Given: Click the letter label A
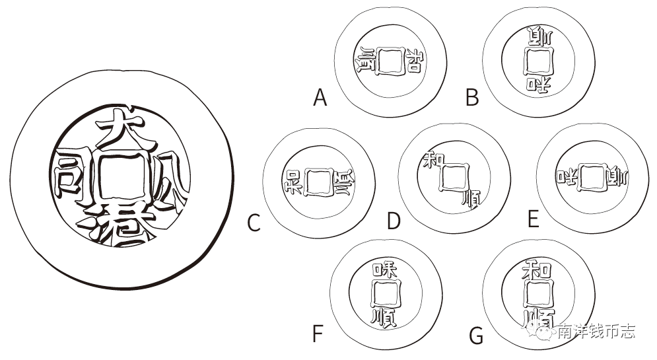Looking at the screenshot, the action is tap(320, 98).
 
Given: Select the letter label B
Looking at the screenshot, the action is tap(471, 98).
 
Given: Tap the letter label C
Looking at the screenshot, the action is tap(254, 223).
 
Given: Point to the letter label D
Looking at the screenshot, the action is tap(394, 221).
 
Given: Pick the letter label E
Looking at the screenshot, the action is tap(533, 219).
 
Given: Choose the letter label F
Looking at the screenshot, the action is tap(318, 334).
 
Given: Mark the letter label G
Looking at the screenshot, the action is tap(476, 336).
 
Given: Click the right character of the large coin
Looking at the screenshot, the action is tap(169, 180).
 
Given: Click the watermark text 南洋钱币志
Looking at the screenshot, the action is tap(596, 331).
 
